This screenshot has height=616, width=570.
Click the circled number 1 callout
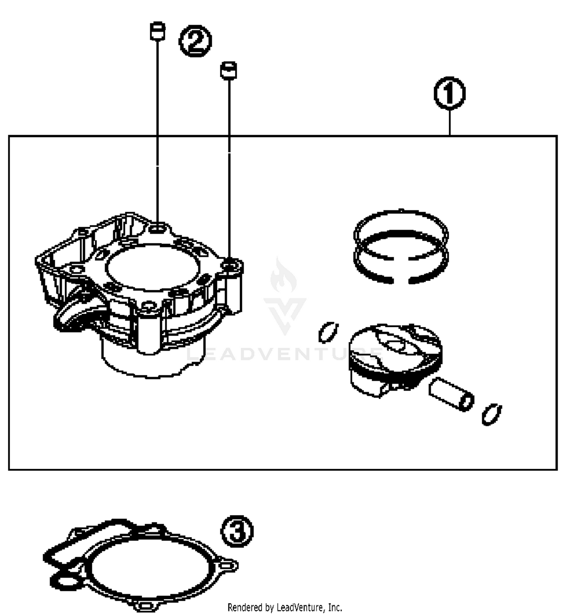click(x=450, y=93)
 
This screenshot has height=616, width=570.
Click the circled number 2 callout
click(x=195, y=41)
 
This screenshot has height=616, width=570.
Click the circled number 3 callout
click(x=237, y=531)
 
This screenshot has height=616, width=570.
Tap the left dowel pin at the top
click(x=157, y=31)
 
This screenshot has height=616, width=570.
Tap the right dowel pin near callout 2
click(x=228, y=70)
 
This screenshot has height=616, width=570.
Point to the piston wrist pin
click(x=451, y=394)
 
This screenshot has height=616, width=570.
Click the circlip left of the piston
click(x=328, y=332)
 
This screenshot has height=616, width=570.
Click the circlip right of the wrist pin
click(x=492, y=414)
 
